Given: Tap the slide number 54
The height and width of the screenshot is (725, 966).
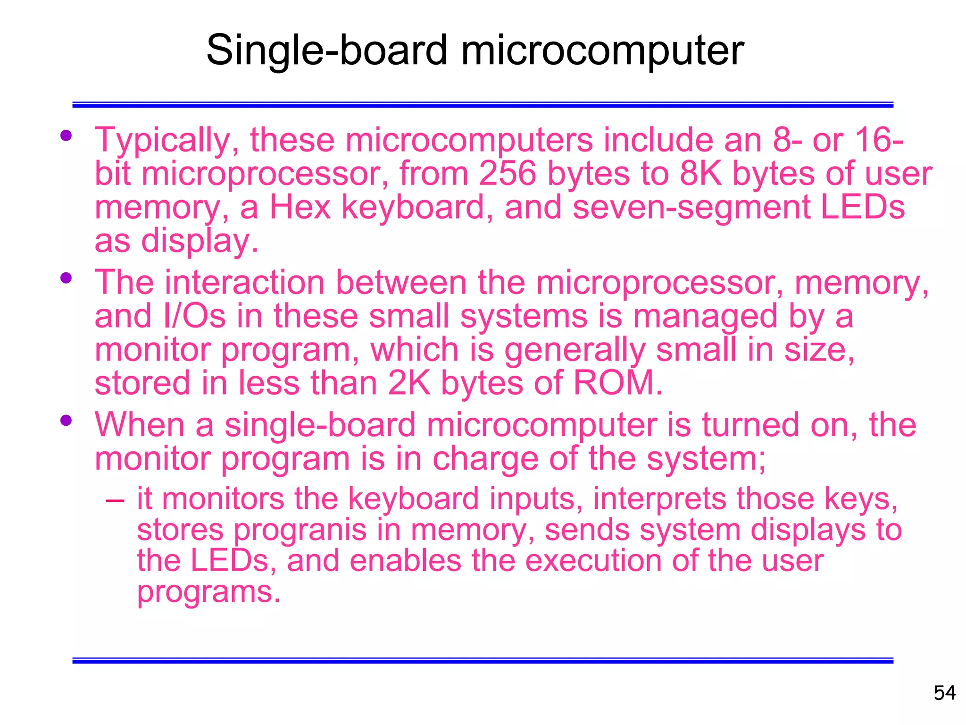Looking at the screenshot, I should point(944,693).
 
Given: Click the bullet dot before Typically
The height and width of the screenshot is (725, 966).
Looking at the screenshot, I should point(66,136).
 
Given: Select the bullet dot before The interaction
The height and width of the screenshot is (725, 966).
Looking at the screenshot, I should point(66,278).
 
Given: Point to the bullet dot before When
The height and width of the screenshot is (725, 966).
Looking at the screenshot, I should point(66,420).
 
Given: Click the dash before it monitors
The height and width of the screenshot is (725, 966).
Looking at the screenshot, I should point(115,499).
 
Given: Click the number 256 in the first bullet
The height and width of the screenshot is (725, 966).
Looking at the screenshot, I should point(508,174).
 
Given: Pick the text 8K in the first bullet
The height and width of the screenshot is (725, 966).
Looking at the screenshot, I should point(700,174).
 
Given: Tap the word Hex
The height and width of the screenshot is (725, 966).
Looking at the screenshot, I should point(300,208).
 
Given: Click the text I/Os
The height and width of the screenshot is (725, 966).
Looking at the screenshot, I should point(194,316).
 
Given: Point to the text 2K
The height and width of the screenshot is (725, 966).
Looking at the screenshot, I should point(409,383).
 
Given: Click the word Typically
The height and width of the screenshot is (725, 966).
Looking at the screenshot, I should point(167,141).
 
